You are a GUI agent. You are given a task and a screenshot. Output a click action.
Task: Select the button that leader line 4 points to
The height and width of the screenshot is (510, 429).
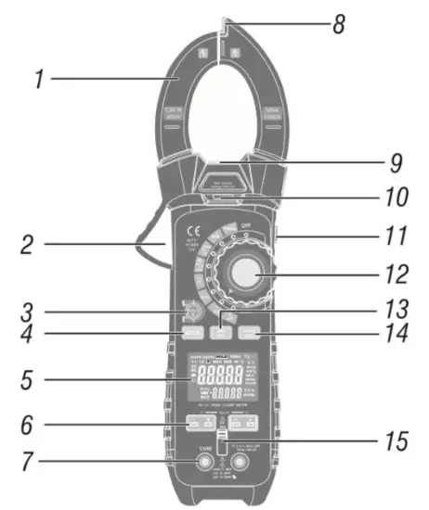coord(193,331)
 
